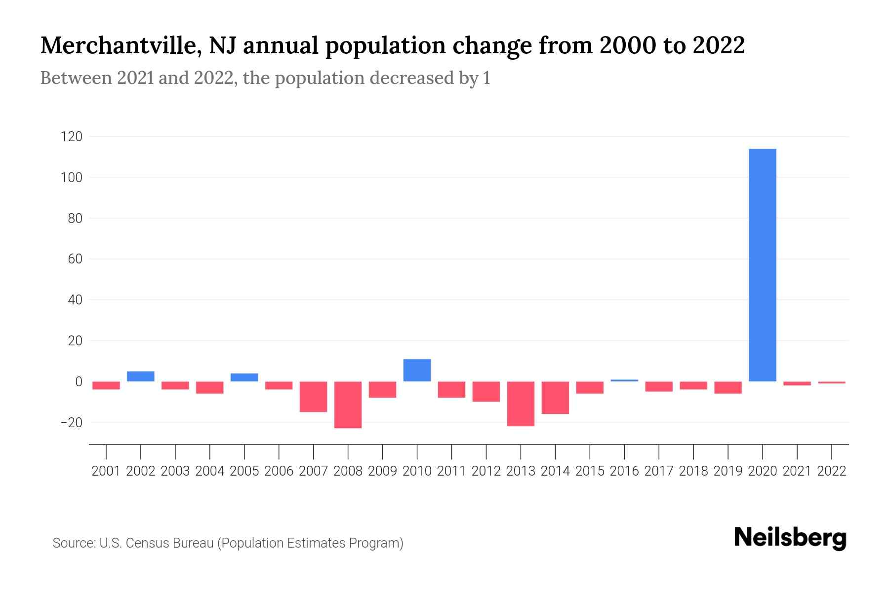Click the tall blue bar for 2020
click(x=763, y=265)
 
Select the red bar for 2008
click(x=348, y=405)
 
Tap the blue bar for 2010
click(x=417, y=370)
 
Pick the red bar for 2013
click(x=521, y=404)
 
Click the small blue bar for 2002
click(x=141, y=376)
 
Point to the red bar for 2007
click(x=314, y=397)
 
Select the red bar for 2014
click(x=555, y=398)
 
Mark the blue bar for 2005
click(x=244, y=377)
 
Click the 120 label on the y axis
click(x=71, y=137)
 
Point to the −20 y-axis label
click(x=71, y=423)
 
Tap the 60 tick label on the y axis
click(x=75, y=259)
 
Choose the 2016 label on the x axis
click(x=624, y=471)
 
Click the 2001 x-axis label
click(x=106, y=471)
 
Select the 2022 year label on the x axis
click(x=832, y=471)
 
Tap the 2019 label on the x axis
click(x=728, y=471)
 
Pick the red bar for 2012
click(x=486, y=392)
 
